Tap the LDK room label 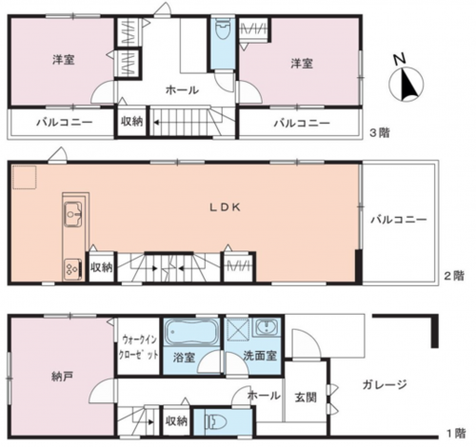coord(225,207)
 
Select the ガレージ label coord(385,385)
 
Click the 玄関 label coord(306,398)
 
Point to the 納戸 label coord(62,377)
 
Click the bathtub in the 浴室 coord(192,332)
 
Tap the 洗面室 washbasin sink coord(267,327)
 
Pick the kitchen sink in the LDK coord(73,215)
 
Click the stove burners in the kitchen coord(73,269)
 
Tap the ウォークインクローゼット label coord(138,347)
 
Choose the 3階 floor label coord(380,132)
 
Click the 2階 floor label coord(454,276)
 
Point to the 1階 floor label coord(456,433)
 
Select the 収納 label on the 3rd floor coord(131,121)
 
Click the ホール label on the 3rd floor coord(182,90)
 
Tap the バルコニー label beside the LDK coord(399,220)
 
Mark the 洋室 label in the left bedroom coord(64,60)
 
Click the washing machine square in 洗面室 coord(237,330)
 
